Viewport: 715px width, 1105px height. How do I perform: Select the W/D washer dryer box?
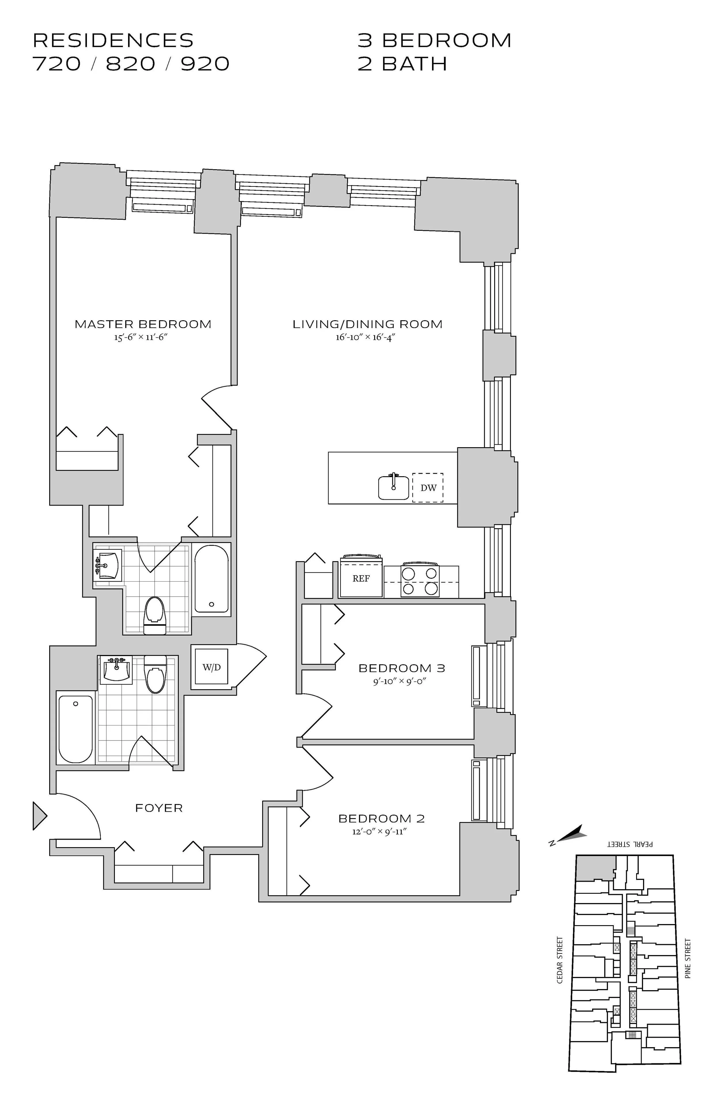(x=211, y=667)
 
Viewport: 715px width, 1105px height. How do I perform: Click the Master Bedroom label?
(x=143, y=324)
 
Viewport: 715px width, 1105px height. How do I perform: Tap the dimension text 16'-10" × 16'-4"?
(x=365, y=337)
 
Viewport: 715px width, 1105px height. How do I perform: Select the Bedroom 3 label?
(x=402, y=668)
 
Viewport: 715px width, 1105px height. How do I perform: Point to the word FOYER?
(x=159, y=808)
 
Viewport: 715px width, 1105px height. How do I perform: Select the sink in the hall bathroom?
(x=116, y=669)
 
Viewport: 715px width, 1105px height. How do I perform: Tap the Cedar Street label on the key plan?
(x=560, y=960)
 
